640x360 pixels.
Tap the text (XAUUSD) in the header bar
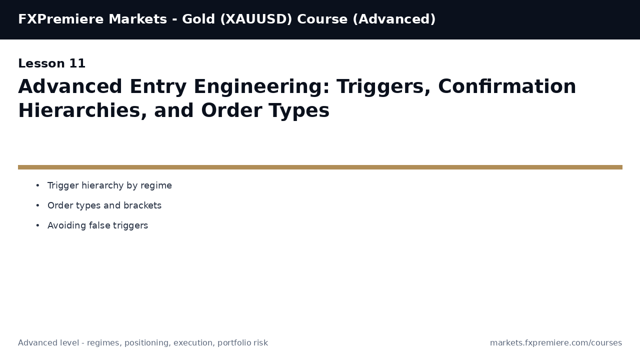coord(256,19)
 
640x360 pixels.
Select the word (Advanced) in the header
coord(394,19)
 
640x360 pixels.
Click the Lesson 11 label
coord(52,64)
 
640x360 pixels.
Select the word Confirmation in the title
coord(507,87)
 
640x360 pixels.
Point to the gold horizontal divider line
coord(320,167)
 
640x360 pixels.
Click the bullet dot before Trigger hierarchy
coord(37,186)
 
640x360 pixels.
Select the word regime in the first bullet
coord(156,186)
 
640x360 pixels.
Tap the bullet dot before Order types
coord(37,206)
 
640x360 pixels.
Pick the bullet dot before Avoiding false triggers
coord(37,226)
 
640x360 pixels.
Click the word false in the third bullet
coord(99,226)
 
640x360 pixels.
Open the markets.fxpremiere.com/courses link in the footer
coord(556,343)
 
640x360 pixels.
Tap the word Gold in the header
coord(198,19)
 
